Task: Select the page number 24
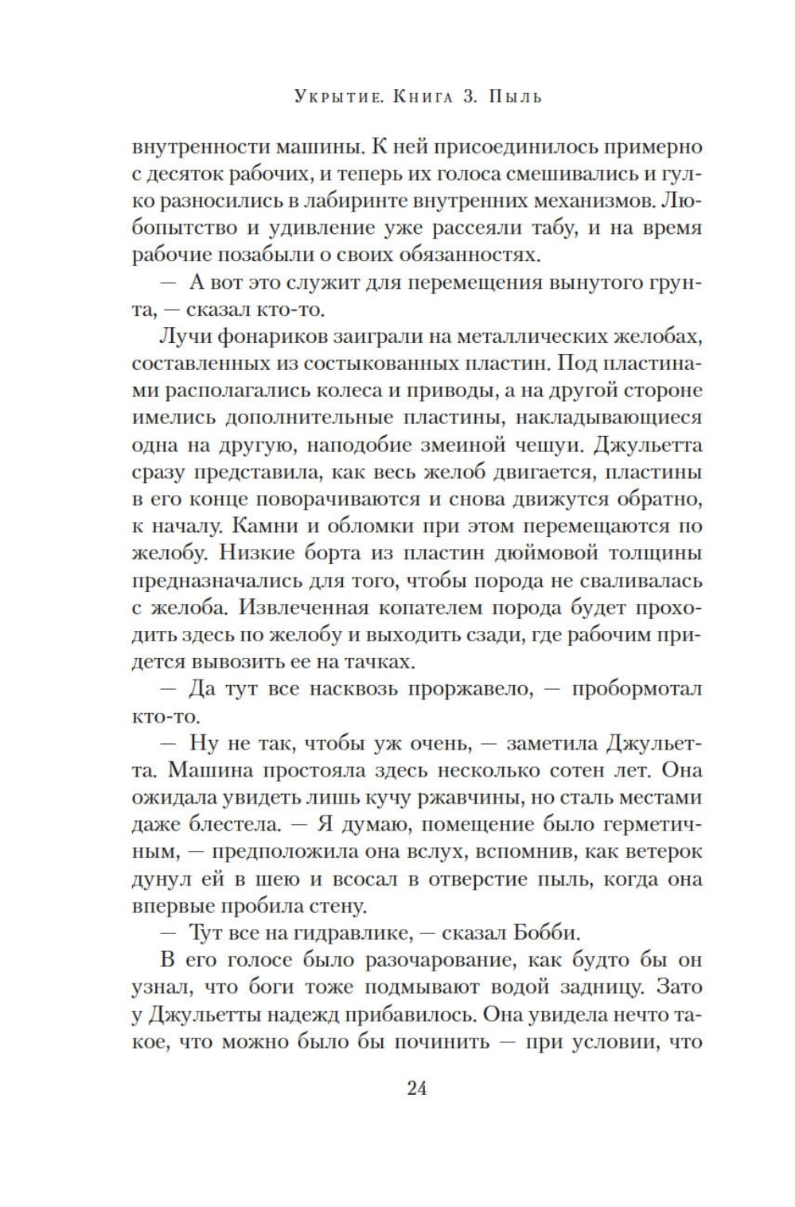[417, 1088]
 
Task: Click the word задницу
[651, 987]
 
